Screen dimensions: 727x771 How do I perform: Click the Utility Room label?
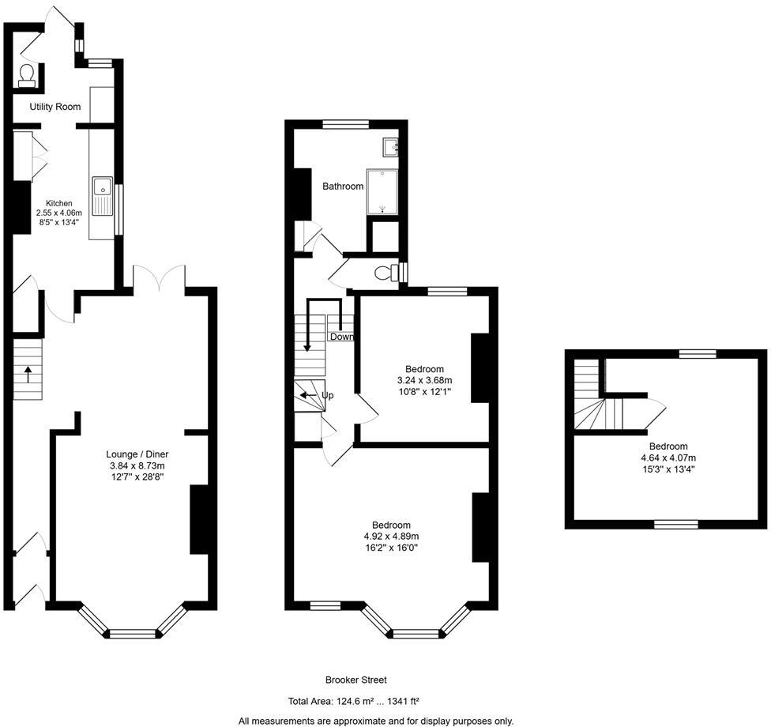(x=55, y=107)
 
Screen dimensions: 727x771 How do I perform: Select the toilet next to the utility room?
(x=27, y=75)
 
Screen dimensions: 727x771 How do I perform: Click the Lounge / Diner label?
(x=137, y=454)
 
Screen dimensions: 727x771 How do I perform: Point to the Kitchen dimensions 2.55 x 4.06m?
(x=59, y=213)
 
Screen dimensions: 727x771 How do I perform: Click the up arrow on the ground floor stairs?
(x=28, y=373)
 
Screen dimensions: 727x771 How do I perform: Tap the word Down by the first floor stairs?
(x=342, y=337)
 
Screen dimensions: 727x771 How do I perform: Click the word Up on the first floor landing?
(x=327, y=395)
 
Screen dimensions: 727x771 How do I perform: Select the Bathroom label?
(x=343, y=186)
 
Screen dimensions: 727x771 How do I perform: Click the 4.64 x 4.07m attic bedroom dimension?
(x=668, y=458)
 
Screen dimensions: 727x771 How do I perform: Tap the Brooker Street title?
(x=355, y=680)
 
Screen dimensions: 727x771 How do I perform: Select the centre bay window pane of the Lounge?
(x=133, y=633)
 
